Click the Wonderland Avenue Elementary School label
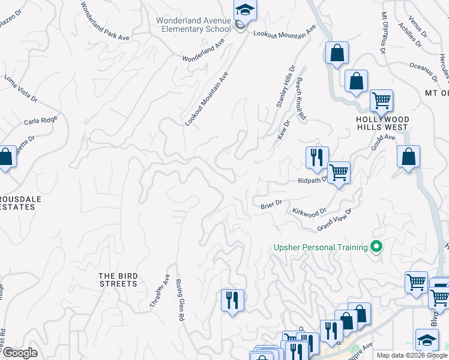click(x=193, y=25)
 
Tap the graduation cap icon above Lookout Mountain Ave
click(x=245, y=10)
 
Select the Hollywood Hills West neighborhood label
click(x=382, y=123)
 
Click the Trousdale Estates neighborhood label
click(x=17, y=202)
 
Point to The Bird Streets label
click(x=118, y=280)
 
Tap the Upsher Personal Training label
click(x=321, y=247)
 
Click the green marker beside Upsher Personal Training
click(x=376, y=247)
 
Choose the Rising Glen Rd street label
click(x=179, y=303)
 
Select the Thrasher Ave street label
click(x=160, y=292)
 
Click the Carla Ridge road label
click(x=40, y=121)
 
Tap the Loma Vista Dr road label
click(x=21, y=88)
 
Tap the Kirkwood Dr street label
click(x=309, y=212)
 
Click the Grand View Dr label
click(x=334, y=220)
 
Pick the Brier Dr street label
click(x=271, y=205)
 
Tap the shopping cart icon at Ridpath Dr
click(x=339, y=172)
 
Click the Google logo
click(x=19, y=353)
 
